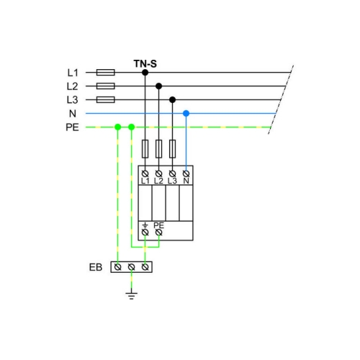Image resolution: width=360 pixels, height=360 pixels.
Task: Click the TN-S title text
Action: coord(145,64)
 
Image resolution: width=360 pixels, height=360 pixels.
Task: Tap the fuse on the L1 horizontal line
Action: coord(106,72)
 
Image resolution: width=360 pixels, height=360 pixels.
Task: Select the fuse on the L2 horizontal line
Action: coord(106,86)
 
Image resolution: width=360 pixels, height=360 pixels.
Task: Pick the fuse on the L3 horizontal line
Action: coord(106,99)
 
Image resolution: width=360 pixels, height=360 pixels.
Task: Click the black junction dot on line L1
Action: coord(145,72)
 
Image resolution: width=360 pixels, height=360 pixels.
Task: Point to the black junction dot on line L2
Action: coord(158,86)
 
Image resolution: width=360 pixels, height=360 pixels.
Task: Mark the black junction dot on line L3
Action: coord(172,99)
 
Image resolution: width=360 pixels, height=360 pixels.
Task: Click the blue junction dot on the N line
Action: coord(186,113)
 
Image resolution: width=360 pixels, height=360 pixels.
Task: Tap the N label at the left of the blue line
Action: coord(73,114)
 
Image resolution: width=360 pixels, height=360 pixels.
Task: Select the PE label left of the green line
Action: coord(72,127)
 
